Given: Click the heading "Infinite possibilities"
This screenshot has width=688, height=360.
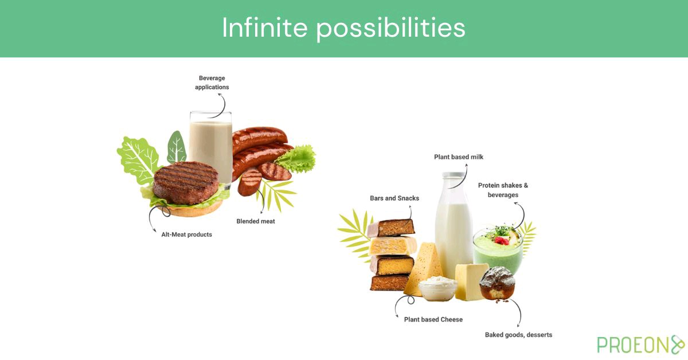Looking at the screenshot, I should pos(343,28).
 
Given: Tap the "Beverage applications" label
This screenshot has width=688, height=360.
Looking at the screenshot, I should pos(212,83).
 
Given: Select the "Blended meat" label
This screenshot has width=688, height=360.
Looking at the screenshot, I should pos(256,221).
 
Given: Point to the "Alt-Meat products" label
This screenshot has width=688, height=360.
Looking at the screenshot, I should pos(186,234).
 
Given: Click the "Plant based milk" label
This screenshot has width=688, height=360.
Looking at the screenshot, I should pos(459,157).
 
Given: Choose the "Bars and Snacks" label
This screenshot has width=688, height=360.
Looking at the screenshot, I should pos(394,198).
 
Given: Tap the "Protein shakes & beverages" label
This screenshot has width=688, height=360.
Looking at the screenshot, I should pos(503,190).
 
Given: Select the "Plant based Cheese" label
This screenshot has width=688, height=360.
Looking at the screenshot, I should pos(433,319).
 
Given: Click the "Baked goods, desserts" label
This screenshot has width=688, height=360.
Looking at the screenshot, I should pos(518,335).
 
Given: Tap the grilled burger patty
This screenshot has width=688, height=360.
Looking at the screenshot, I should pos(185,182).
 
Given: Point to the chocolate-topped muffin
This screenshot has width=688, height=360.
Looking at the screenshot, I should pos(497,283).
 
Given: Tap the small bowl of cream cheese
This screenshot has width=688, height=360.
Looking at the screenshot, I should pos(437,287).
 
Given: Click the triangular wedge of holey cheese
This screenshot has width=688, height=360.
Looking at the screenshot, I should pos(423,267).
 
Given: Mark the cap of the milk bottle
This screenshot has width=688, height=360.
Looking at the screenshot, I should pos(454,176).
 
